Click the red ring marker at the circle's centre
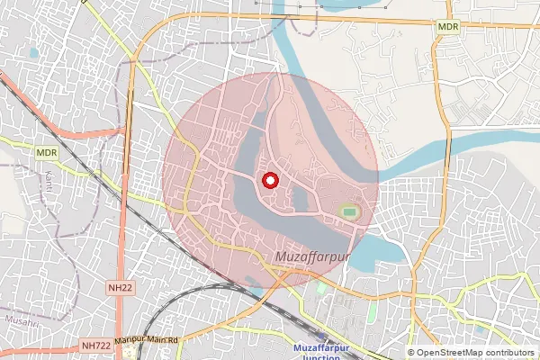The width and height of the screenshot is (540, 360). (x=269, y=181)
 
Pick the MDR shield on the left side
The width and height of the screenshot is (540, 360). (x=48, y=154)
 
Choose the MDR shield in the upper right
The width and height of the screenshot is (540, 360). (x=448, y=28)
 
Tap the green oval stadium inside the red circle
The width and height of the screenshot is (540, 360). (x=349, y=212)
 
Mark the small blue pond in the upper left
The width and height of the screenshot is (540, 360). (x=33, y=53)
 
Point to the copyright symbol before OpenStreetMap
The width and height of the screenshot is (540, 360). (x=411, y=352)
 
